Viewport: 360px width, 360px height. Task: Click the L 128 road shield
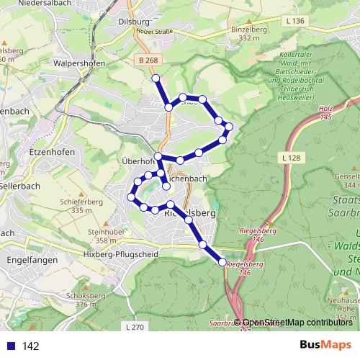[x=292, y=157]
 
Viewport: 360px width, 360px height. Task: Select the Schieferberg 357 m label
[x=79, y=207]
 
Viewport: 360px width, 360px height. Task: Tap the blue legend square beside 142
[x=12, y=346]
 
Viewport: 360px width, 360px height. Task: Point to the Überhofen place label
[x=138, y=161]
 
